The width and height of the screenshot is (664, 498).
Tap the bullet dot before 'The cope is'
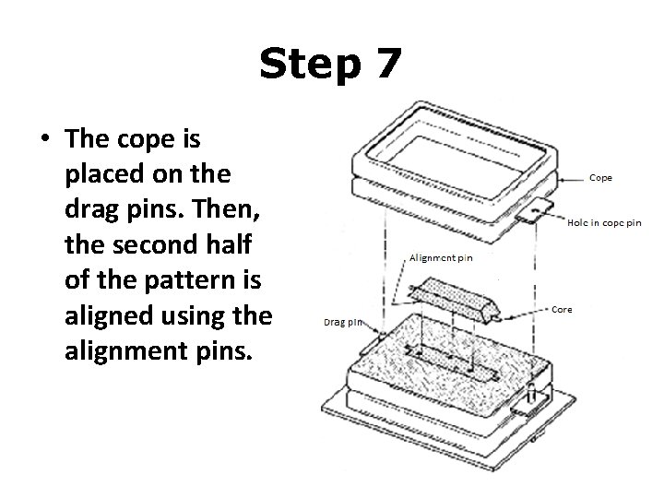point(44,138)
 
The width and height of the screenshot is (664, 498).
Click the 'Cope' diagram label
point(600,177)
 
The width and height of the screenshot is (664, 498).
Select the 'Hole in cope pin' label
point(604,222)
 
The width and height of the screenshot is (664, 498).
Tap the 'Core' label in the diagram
point(561,309)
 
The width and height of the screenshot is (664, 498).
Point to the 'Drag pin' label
point(342,323)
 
